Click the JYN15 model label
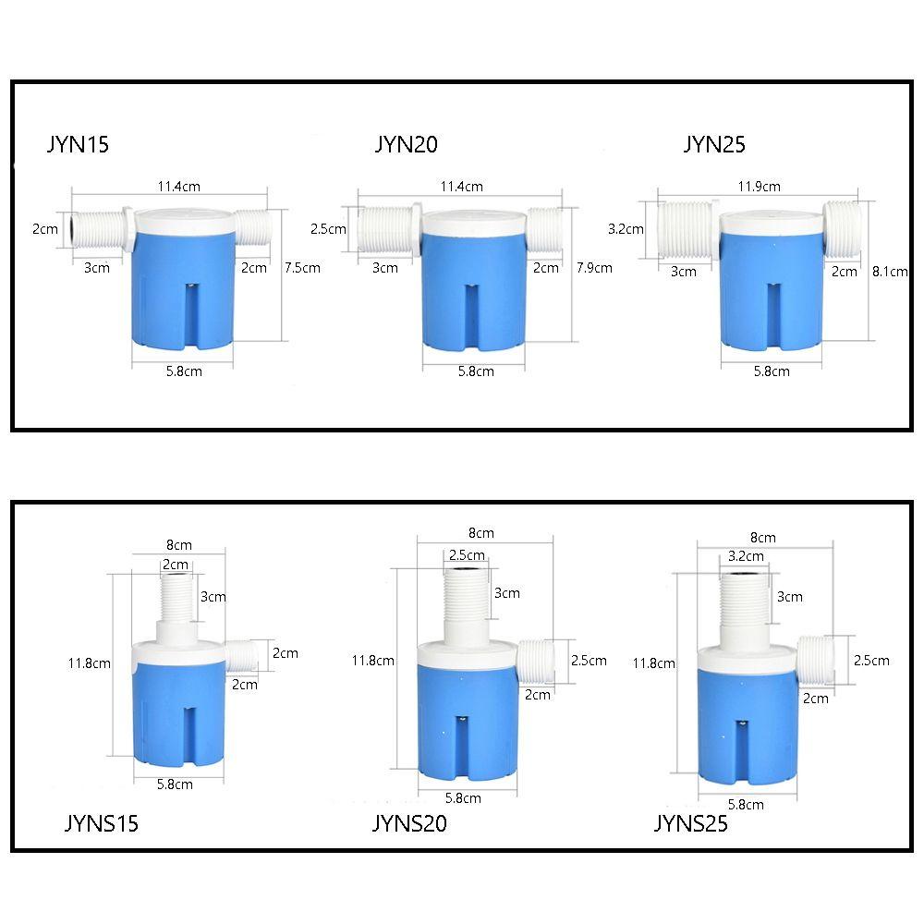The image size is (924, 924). click(78, 144)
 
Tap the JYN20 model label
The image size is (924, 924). click(406, 144)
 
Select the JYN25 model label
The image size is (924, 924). click(714, 144)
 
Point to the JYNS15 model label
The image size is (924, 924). click(102, 823)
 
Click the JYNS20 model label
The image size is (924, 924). click(409, 823)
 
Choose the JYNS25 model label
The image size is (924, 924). click(690, 823)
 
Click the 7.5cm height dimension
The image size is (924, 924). click(302, 268)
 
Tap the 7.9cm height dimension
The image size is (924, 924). click(594, 268)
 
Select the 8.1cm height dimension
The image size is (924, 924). click(890, 272)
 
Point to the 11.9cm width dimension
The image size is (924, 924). click(759, 187)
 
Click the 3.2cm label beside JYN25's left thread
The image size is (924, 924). click(626, 229)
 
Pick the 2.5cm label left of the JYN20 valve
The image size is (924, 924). click(328, 229)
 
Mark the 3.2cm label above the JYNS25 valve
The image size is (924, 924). click(746, 556)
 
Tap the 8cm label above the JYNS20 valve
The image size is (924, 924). click(480, 533)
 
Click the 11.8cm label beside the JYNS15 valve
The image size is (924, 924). click(89, 663)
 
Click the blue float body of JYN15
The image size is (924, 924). click(183, 288)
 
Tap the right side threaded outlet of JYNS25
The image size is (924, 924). click(815, 660)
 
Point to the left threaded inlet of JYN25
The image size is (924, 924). click(687, 230)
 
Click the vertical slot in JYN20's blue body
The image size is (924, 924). click(472, 317)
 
